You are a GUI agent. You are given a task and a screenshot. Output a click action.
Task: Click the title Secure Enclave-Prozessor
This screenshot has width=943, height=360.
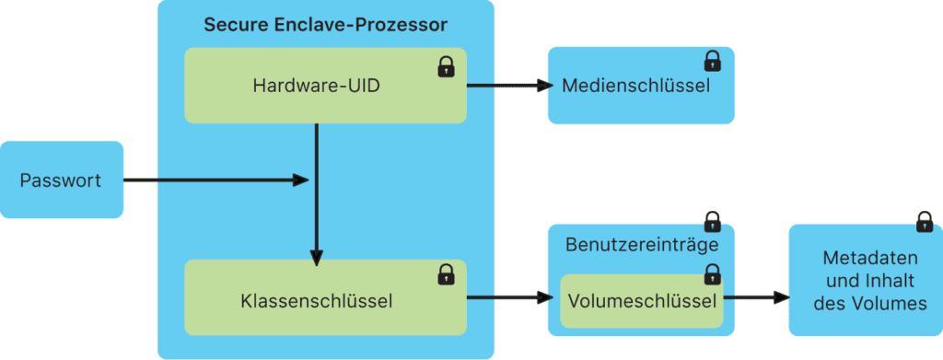(325, 24)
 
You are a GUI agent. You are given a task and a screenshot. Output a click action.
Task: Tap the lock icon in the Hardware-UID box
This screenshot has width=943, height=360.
(446, 66)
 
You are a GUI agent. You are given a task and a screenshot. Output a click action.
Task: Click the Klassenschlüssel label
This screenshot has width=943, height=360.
(316, 300)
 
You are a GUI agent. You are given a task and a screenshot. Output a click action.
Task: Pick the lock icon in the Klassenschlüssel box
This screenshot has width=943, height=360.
(446, 273)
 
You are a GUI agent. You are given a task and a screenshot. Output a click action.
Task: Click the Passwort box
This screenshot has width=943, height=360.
(61, 180)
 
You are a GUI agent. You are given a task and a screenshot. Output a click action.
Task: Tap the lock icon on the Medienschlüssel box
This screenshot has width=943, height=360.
(712, 62)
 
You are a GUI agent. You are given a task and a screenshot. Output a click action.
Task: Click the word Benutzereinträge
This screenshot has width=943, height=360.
(641, 246)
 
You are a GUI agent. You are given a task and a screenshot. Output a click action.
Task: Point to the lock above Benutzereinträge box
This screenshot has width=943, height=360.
(712, 222)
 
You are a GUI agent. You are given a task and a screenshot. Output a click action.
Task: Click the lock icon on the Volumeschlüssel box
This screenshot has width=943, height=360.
(712, 273)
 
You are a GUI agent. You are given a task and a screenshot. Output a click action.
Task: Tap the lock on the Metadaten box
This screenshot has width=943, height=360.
(924, 222)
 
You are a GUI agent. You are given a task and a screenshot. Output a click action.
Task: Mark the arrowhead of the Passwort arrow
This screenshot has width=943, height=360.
(299, 180)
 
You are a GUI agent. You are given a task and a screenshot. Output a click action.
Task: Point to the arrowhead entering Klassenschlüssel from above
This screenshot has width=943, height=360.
(316, 259)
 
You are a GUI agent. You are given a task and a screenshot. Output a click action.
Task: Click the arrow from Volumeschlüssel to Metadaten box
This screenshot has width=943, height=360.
(755, 298)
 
